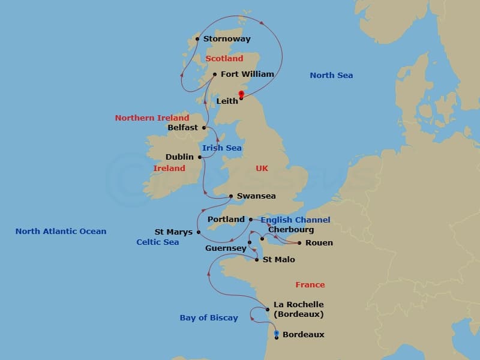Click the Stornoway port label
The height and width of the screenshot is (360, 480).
point(227,40)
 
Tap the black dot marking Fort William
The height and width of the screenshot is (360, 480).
point(215,75)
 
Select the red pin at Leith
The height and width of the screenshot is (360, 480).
point(241,94)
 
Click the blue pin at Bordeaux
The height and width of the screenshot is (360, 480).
point(277,333)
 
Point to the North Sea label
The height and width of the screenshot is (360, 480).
point(331,76)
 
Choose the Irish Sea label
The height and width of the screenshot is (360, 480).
point(221,148)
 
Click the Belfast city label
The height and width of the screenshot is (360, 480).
point(183,128)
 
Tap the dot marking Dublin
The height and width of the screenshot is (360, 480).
point(200,157)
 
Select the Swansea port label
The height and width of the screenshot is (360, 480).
point(256,196)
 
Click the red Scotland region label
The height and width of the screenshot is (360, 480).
point(224,59)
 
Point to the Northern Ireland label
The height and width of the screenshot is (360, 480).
point(152,118)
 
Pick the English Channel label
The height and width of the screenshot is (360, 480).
point(295,220)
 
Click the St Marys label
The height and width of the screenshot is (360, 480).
point(173,232)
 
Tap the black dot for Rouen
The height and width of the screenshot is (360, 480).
point(299,243)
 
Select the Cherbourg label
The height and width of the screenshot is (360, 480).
point(291,230)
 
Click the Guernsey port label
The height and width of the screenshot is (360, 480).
point(226,248)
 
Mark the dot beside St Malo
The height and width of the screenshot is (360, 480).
point(257,260)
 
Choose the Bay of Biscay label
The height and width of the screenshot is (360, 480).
point(209,318)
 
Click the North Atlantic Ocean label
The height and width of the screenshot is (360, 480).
point(61,232)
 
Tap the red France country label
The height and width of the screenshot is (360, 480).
point(310,285)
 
